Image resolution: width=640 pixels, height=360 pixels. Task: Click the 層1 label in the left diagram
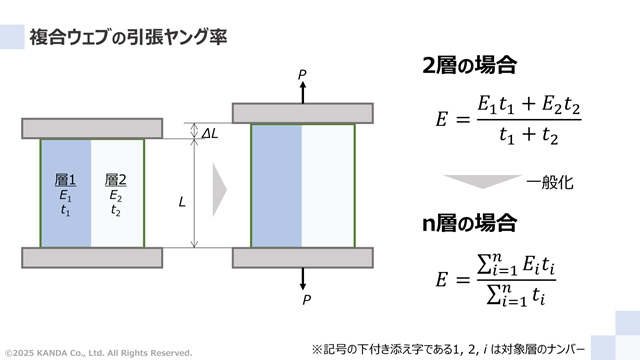66,180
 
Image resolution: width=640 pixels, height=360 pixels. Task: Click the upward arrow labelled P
302,88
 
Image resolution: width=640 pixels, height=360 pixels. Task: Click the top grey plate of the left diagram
92,128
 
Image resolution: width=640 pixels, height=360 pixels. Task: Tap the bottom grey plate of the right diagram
302,257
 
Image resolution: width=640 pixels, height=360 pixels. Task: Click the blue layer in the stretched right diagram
276,185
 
